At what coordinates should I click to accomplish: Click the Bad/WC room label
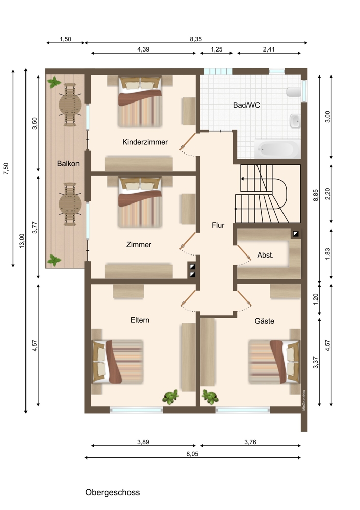tap(246, 105)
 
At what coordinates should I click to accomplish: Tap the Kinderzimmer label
tap(145, 142)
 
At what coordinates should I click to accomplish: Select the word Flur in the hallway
tap(218, 225)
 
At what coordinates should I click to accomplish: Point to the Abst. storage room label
tap(265, 256)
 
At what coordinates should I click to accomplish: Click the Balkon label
tap(68, 163)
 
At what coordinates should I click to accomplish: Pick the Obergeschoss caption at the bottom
tap(113, 492)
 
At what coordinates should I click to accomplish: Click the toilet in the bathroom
tap(294, 91)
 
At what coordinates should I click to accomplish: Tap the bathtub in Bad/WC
tap(277, 149)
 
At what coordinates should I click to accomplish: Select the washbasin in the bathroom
tap(295, 121)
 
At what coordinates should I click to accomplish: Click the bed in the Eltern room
tap(118, 361)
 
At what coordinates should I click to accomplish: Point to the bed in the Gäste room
tap(274, 361)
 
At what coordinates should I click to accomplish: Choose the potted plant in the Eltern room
tap(170, 397)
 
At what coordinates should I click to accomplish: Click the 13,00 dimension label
tap(22, 241)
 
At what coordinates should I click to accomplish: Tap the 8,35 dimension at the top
tap(196, 39)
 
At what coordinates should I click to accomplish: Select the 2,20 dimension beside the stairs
tap(327, 194)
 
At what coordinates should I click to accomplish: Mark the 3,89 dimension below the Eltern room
tap(143, 442)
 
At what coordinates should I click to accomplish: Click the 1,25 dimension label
tap(217, 49)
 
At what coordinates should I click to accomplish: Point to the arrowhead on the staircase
tap(242, 178)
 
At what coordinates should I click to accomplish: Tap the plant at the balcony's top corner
tap(54, 82)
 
